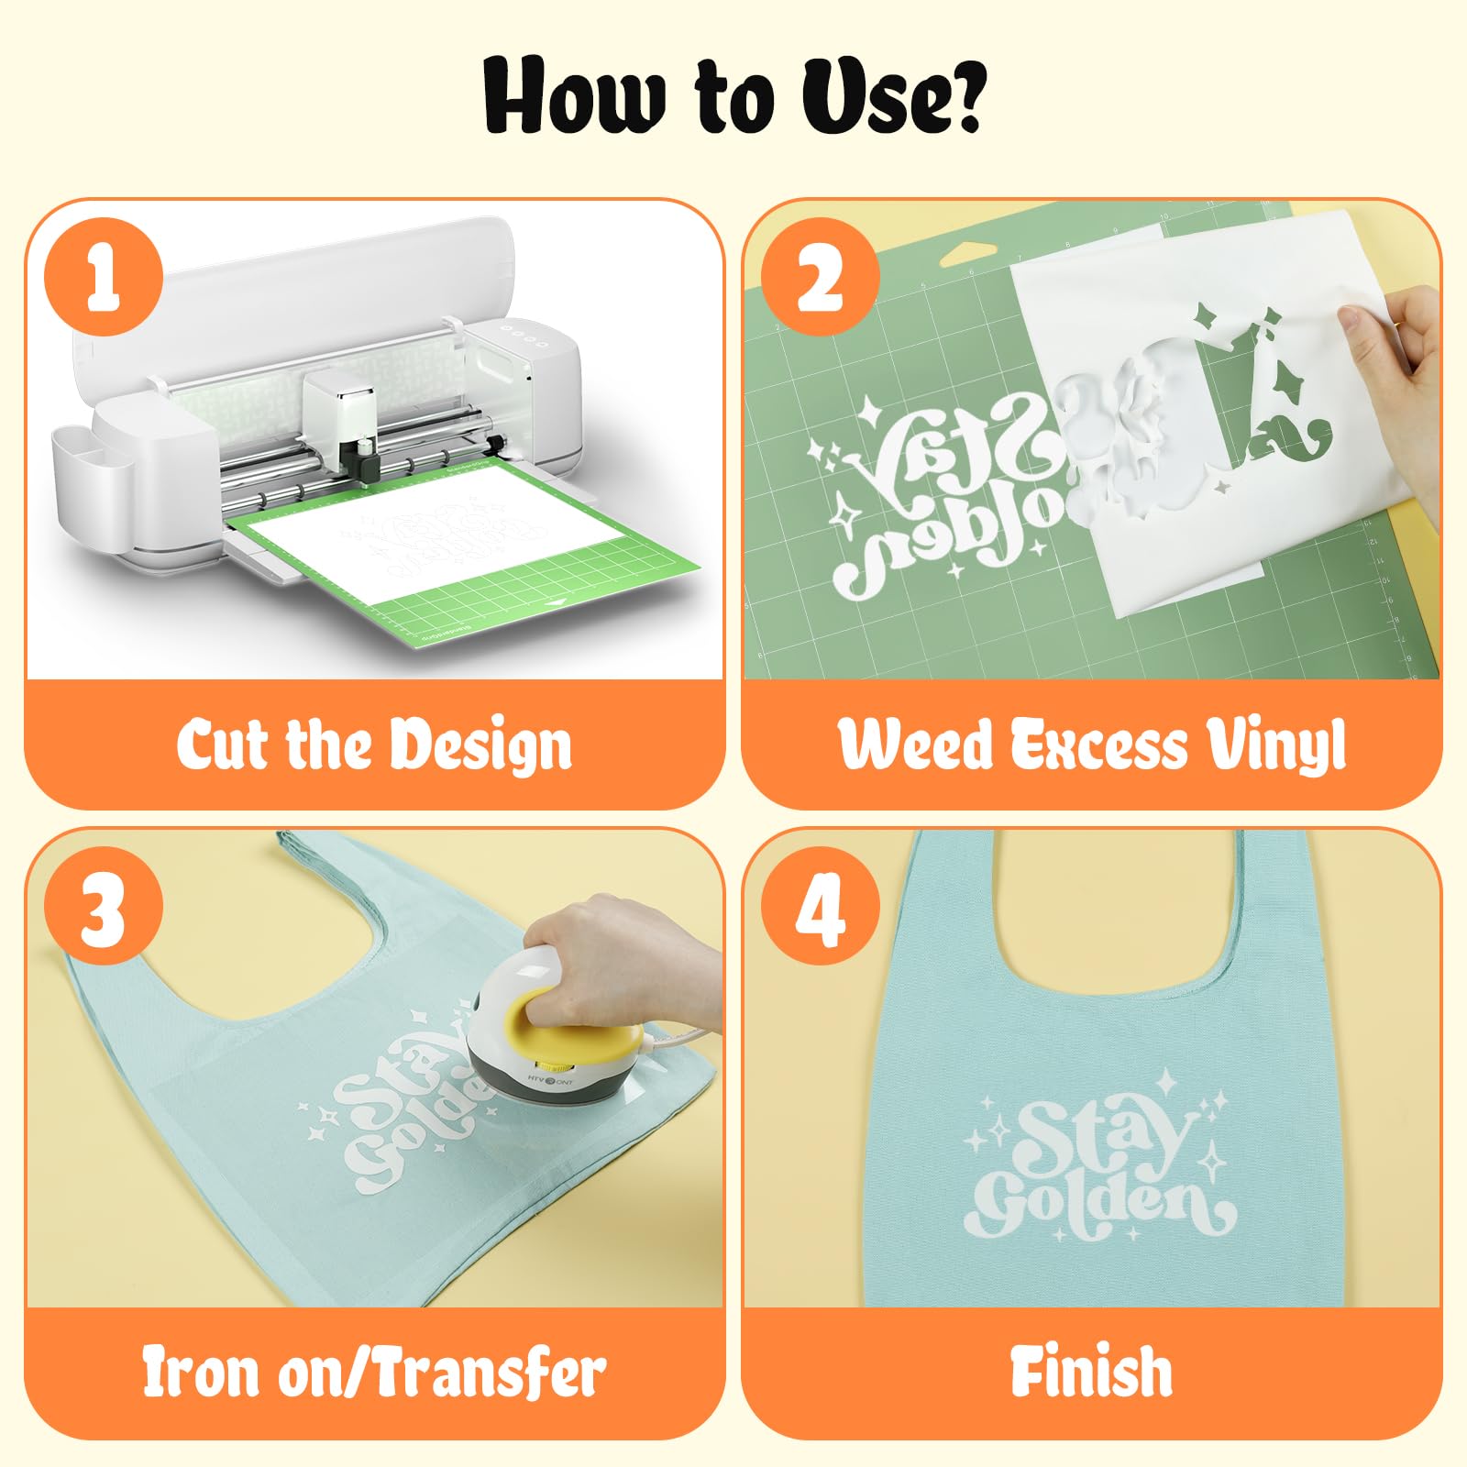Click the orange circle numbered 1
coord(104,277)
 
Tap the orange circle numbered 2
coord(821,277)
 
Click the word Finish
coord(1091,1372)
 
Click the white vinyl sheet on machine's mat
coord(431,541)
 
